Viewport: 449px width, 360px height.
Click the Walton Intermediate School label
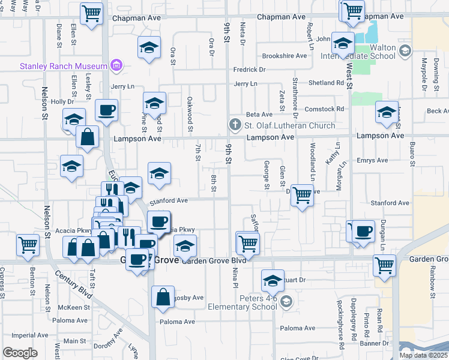point(375,52)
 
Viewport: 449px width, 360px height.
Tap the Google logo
point(20,353)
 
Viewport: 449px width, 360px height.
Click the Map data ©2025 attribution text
point(423,355)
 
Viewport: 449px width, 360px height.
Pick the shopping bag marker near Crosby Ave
point(163,297)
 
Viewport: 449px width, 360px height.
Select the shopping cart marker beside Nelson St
point(28,245)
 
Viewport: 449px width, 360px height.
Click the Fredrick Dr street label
point(250,70)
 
